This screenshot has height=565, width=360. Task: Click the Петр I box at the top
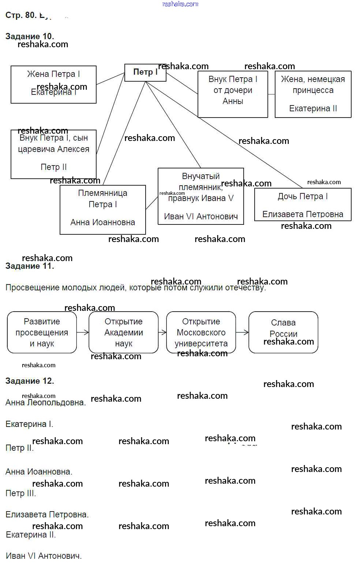click(145, 73)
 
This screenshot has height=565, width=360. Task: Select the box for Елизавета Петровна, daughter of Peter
click(303, 205)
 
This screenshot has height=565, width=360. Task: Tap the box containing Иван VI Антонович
click(200, 196)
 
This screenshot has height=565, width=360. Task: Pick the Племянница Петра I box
click(102, 209)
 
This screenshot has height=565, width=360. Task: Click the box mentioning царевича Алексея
click(53, 154)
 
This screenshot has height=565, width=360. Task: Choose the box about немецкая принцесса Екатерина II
click(313, 94)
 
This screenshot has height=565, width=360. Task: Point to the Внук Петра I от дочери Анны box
click(233, 94)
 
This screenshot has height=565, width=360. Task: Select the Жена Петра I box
click(53, 85)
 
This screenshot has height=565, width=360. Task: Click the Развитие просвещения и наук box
click(42, 332)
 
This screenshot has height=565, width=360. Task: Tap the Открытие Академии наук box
click(124, 332)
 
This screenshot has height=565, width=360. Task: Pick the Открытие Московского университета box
click(201, 332)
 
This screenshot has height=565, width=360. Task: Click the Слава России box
click(283, 332)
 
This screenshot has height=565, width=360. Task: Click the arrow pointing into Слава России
click(242, 332)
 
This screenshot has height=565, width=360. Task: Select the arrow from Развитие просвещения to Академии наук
click(83, 332)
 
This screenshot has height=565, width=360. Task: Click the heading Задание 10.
click(30, 36)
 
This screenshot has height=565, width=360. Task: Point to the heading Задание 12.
click(30, 381)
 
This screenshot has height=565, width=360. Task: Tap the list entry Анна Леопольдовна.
click(46, 403)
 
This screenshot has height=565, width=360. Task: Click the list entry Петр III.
click(21, 493)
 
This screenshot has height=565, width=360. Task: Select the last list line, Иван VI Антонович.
click(44, 556)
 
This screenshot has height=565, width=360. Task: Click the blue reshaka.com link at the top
click(180, 4)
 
